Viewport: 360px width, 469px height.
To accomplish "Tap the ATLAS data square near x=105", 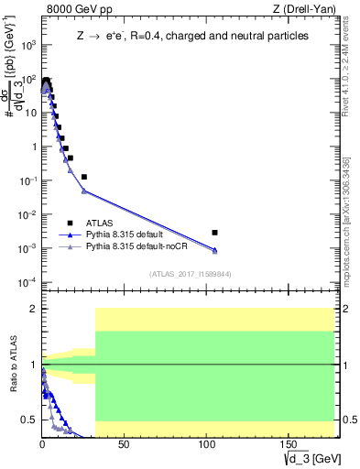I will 214,233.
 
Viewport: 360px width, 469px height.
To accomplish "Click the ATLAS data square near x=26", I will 84,177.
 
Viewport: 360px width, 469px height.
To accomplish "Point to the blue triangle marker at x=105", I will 214,249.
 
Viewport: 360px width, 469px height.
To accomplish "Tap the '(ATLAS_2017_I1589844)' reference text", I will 189,272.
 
